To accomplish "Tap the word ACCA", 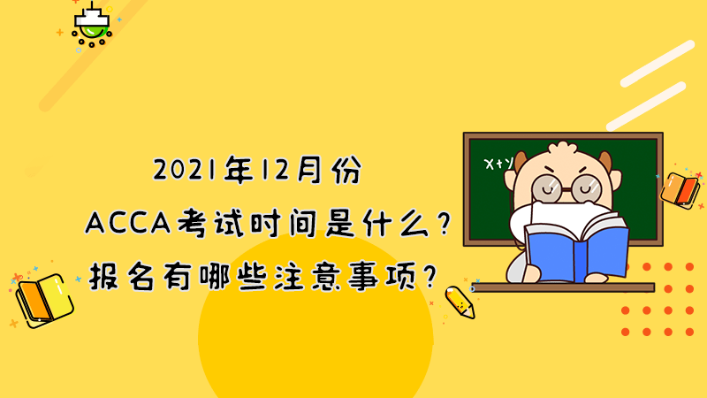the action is (x=128, y=223).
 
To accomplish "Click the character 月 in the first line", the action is (x=310, y=170).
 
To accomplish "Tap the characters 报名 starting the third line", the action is (x=124, y=276).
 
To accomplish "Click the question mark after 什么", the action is (x=445, y=224).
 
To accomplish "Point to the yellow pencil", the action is (x=460, y=302).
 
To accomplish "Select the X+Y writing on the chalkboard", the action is (x=498, y=164).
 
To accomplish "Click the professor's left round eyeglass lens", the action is (x=547, y=188).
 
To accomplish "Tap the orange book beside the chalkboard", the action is (x=680, y=190).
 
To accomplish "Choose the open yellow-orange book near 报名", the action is (x=45, y=300).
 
